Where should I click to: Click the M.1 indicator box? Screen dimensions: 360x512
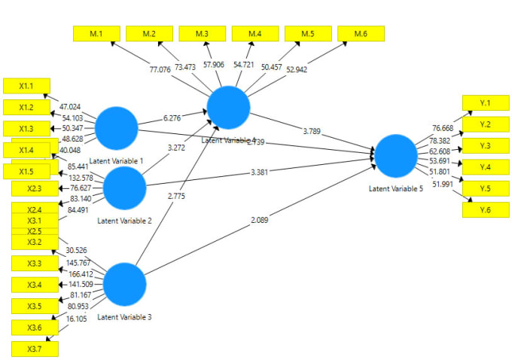point(96,34)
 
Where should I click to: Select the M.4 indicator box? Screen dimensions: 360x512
point(255,34)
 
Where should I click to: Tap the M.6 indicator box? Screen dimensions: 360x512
point(361,34)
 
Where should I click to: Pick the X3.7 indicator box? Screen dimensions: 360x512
point(35,349)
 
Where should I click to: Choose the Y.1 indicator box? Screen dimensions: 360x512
point(485,103)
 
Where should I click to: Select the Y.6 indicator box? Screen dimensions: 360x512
point(485,210)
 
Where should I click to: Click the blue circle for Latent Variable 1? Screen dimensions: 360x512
point(117,128)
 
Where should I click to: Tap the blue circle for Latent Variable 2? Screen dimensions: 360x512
point(124,188)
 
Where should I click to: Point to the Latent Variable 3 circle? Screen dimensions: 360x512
point(124,285)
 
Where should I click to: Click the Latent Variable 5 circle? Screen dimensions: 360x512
point(395,156)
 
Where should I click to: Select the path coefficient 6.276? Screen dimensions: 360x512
point(172,117)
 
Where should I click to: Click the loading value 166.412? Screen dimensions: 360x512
point(81,273)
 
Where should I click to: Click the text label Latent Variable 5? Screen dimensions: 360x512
point(395,189)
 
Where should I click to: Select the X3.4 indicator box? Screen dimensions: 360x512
point(35,285)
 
